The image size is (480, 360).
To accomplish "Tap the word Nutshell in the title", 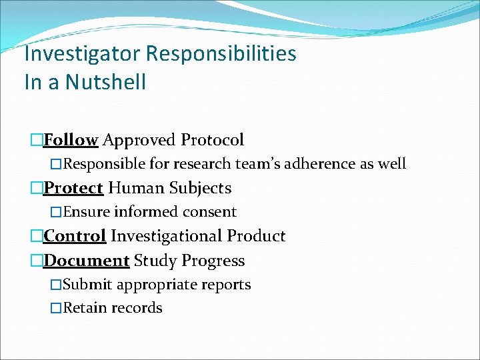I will (x=103, y=82).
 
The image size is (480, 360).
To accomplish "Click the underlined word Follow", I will (x=71, y=140).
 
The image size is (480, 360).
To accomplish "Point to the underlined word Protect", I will (x=73, y=188).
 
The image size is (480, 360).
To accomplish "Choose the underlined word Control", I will (x=75, y=236).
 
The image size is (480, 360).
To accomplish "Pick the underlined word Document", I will (x=86, y=261).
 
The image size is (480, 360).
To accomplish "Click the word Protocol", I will (x=212, y=140).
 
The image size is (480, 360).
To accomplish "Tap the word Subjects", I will (x=200, y=188).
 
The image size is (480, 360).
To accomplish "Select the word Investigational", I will (x=166, y=236).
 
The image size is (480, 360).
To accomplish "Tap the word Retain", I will (x=86, y=308).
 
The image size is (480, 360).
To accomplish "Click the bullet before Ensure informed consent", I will (x=57, y=213).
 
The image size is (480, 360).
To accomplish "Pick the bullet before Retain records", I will (x=57, y=309).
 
